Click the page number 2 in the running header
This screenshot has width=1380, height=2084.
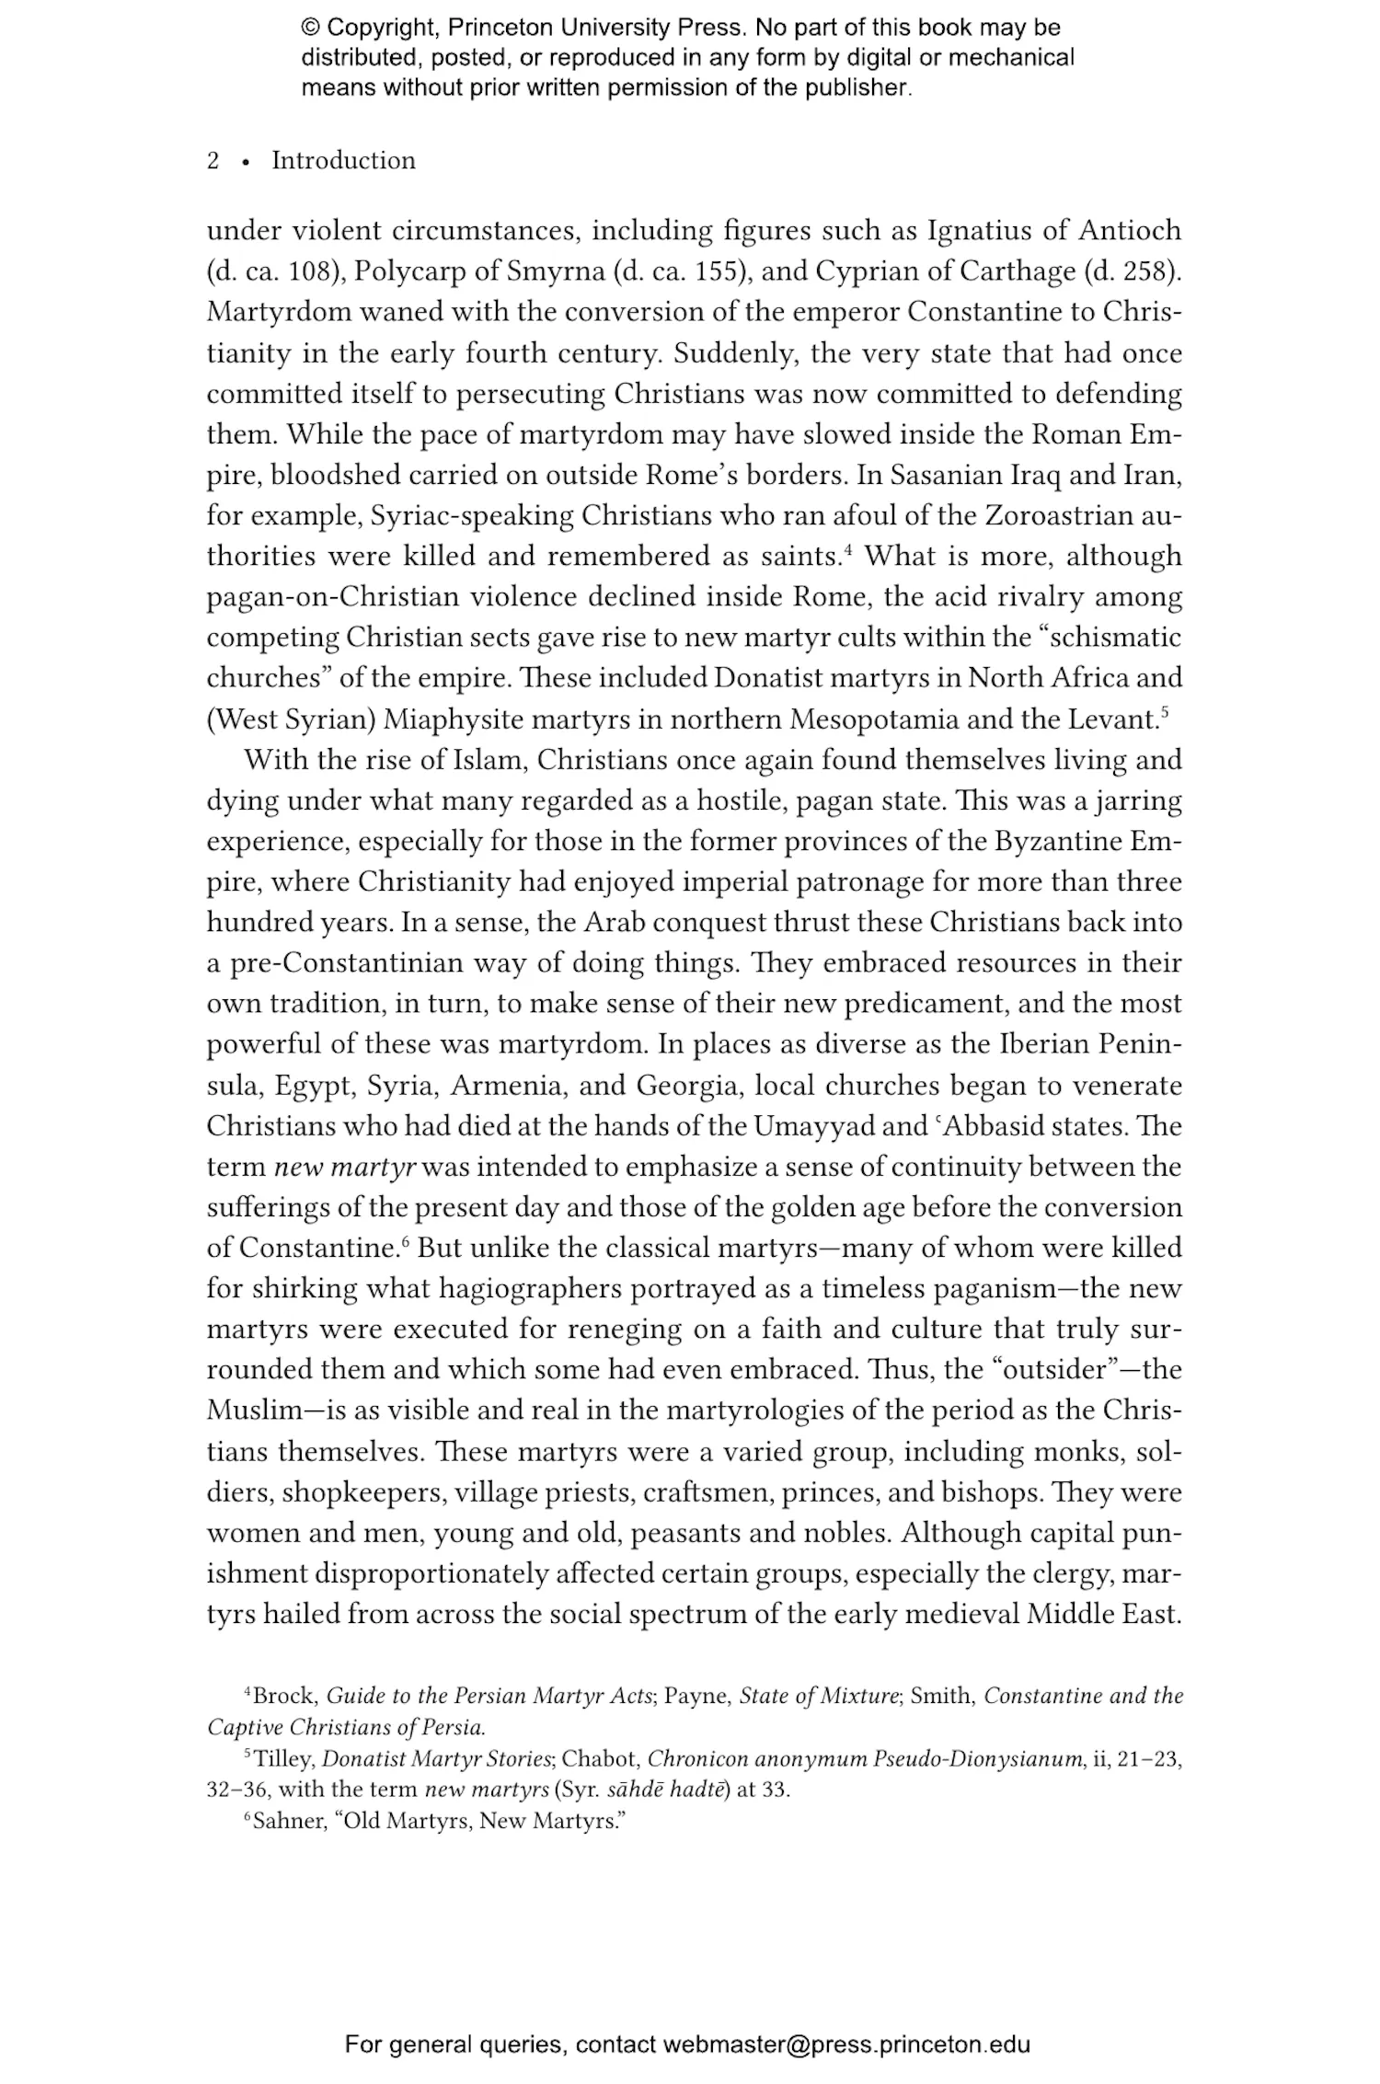[213, 161]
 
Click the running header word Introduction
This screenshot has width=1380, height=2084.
[343, 161]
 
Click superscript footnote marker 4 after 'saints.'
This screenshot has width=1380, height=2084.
[849, 550]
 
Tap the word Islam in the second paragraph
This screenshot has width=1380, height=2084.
[490, 761]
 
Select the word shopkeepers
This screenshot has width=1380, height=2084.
[362, 1492]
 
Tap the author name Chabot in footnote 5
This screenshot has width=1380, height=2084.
[599, 1759]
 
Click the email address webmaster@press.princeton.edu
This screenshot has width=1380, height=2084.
[846, 2044]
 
